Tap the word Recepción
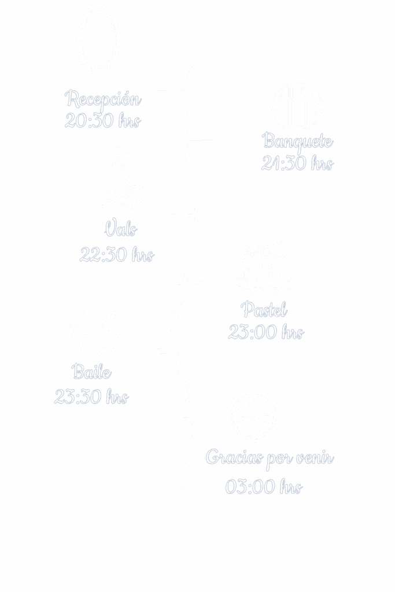103,99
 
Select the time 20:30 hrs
102,121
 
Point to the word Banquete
297,141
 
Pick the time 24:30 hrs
297,164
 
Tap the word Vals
120,230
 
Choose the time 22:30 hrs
117,254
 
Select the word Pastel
264,310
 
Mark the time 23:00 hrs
265,332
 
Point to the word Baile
92,372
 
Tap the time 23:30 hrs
91,397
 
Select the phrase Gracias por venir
270,458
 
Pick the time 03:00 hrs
264,487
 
